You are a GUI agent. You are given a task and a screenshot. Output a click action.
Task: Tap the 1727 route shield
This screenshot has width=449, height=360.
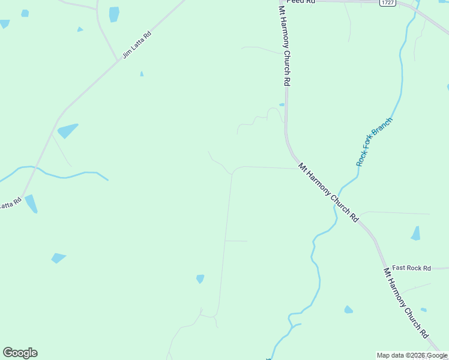click(387, 3)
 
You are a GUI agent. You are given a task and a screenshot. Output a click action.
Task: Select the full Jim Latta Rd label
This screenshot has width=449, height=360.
click(137, 45)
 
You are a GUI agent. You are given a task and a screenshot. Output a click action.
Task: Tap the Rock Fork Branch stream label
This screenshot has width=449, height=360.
click(374, 142)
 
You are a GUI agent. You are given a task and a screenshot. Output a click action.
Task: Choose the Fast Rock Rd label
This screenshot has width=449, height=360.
click(411, 268)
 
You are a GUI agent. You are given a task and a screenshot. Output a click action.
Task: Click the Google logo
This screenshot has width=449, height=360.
click(20, 353)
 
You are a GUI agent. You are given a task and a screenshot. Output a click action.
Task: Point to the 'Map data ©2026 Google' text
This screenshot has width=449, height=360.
click(412, 355)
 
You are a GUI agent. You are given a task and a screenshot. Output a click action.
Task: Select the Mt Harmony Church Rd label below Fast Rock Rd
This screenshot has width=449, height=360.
click(406, 303)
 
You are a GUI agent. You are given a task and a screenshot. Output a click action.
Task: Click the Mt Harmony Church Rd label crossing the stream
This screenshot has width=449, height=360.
click(328, 193)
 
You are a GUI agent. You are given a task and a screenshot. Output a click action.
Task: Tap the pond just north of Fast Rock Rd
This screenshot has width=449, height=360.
click(415, 233)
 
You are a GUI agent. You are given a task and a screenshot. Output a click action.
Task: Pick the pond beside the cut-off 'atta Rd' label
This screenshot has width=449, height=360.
click(31, 204)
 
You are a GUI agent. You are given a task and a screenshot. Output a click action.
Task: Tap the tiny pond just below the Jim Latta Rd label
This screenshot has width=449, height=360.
click(142, 74)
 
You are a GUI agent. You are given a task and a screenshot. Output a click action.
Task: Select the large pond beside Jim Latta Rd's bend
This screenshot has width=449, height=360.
click(67, 130)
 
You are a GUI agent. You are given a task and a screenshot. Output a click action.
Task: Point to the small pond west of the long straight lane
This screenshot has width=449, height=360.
click(200, 278)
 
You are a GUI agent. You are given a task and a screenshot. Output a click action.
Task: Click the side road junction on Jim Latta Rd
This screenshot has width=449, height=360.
click(117, 61)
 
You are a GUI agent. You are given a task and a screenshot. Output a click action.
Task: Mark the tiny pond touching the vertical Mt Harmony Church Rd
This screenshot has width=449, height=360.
click(282, 104)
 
